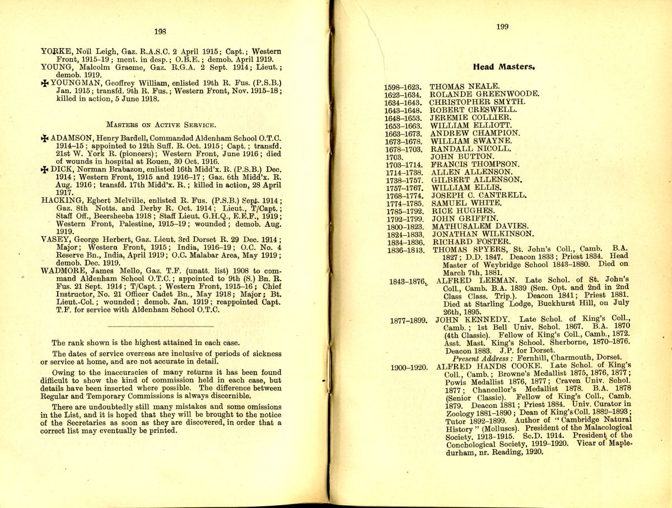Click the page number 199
click(502, 27)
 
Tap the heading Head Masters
click(503, 67)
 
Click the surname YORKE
click(55, 51)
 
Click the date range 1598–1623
click(403, 87)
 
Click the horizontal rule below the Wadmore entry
click(160, 325)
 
